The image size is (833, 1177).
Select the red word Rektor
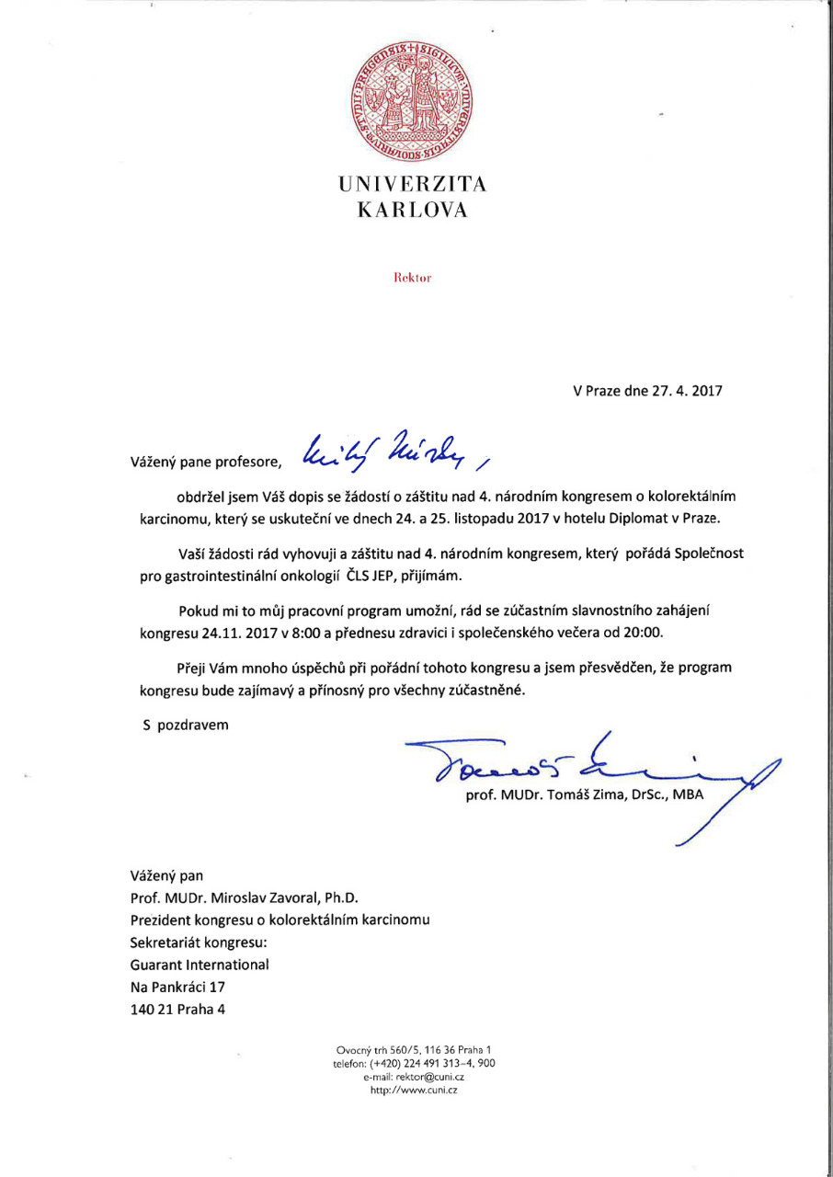(413, 277)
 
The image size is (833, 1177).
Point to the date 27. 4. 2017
(681, 391)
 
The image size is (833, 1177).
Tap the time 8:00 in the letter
(284, 633)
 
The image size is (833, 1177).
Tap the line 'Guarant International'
(200, 965)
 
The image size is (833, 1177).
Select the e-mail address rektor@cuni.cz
(429, 1076)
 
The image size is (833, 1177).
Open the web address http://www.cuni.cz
(414, 1090)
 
